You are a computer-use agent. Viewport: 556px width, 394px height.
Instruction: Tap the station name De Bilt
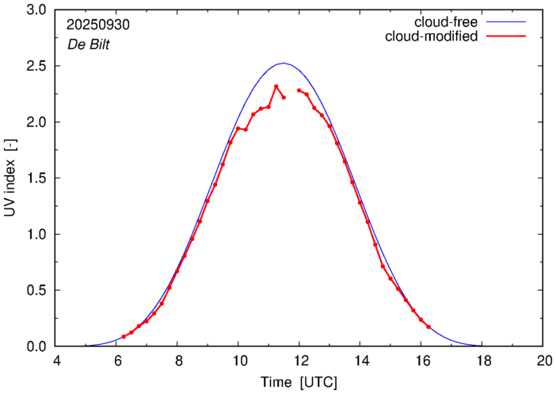click(x=88, y=44)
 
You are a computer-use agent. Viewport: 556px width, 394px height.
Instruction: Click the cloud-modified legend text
click(x=432, y=36)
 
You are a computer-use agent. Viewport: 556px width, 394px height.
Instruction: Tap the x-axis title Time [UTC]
click(x=299, y=382)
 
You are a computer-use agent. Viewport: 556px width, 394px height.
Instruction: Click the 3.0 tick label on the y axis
click(x=36, y=11)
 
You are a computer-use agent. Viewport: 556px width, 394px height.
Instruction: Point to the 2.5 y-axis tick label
click(x=36, y=67)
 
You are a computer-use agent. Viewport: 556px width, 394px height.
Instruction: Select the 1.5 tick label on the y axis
click(x=36, y=178)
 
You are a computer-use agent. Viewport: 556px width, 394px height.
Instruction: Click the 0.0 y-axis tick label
click(x=36, y=346)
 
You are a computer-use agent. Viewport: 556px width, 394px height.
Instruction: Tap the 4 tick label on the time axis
click(x=56, y=361)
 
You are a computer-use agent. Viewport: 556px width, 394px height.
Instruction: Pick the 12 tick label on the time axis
click(x=299, y=361)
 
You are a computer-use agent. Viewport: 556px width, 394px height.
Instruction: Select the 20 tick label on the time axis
click(x=543, y=361)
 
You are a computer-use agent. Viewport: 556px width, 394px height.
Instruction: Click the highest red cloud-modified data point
click(x=276, y=86)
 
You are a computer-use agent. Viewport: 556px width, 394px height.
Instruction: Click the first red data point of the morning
click(x=124, y=337)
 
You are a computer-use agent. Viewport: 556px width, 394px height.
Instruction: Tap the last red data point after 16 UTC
click(x=428, y=327)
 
